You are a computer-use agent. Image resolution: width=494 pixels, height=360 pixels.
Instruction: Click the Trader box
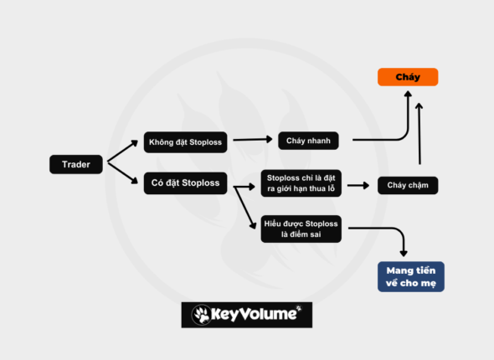[76, 164]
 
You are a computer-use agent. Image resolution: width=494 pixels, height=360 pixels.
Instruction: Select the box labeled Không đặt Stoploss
[185, 142]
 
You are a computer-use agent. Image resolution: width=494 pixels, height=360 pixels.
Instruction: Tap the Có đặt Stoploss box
[185, 183]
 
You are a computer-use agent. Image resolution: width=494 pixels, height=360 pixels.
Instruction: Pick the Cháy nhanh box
[308, 141]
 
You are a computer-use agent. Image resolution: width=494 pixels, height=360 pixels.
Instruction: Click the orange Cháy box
[408, 77]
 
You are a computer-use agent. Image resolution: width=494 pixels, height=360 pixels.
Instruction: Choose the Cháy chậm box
[408, 185]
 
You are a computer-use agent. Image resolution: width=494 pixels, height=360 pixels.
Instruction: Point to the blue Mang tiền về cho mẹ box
[411, 276]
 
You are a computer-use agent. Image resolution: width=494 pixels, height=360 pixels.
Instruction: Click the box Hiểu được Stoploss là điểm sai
[301, 229]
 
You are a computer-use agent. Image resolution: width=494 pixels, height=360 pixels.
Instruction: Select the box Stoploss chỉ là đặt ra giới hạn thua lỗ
[301, 183]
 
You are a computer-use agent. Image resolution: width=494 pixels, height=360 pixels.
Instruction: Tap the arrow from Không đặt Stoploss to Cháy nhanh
[253, 139]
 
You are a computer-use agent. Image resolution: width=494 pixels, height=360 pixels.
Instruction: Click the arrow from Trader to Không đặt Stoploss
[122, 151]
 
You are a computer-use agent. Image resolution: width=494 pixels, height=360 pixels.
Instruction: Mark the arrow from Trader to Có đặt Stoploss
[122, 172]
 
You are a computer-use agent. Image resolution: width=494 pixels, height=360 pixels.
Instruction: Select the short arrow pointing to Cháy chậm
[358, 186]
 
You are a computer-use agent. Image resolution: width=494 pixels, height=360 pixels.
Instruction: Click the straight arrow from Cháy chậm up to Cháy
[419, 134]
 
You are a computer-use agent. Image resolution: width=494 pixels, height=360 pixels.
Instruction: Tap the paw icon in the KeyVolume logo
[202, 315]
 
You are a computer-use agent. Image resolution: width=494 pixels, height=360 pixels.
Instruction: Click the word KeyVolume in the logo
[254, 314]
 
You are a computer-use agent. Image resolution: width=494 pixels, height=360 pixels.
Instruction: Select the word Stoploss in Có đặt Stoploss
[201, 183]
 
